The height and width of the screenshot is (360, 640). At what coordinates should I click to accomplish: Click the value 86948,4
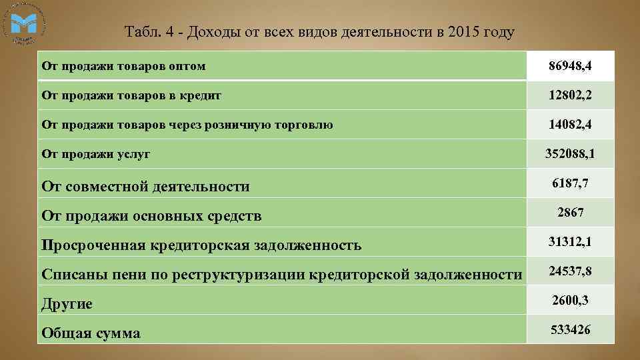click(x=570, y=66)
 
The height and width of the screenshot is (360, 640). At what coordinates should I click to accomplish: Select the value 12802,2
click(x=570, y=95)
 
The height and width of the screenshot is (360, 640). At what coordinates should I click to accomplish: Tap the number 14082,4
click(x=570, y=125)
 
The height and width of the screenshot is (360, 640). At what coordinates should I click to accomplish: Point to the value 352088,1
click(x=570, y=154)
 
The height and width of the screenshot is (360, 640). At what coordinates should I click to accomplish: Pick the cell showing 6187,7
click(x=570, y=183)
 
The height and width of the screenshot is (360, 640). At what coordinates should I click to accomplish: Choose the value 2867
click(x=570, y=212)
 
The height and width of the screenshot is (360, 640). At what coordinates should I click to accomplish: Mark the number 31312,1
click(x=570, y=241)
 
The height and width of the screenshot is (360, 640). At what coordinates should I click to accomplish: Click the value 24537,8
click(x=570, y=271)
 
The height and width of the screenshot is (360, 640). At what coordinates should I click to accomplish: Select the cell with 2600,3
click(x=570, y=300)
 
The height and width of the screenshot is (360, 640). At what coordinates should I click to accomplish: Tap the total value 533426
click(x=570, y=329)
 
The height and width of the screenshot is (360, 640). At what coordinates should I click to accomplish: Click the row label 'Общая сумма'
click(x=91, y=333)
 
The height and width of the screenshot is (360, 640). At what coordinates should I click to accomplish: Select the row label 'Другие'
click(x=67, y=304)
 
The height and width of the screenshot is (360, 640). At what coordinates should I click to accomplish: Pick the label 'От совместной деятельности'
click(x=145, y=187)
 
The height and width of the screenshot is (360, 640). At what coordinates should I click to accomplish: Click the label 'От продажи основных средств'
click(x=151, y=216)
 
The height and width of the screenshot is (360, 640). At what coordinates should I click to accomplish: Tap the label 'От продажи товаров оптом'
click(x=123, y=66)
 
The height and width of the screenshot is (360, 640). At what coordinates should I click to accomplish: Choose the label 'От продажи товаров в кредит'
click(x=131, y=95)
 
